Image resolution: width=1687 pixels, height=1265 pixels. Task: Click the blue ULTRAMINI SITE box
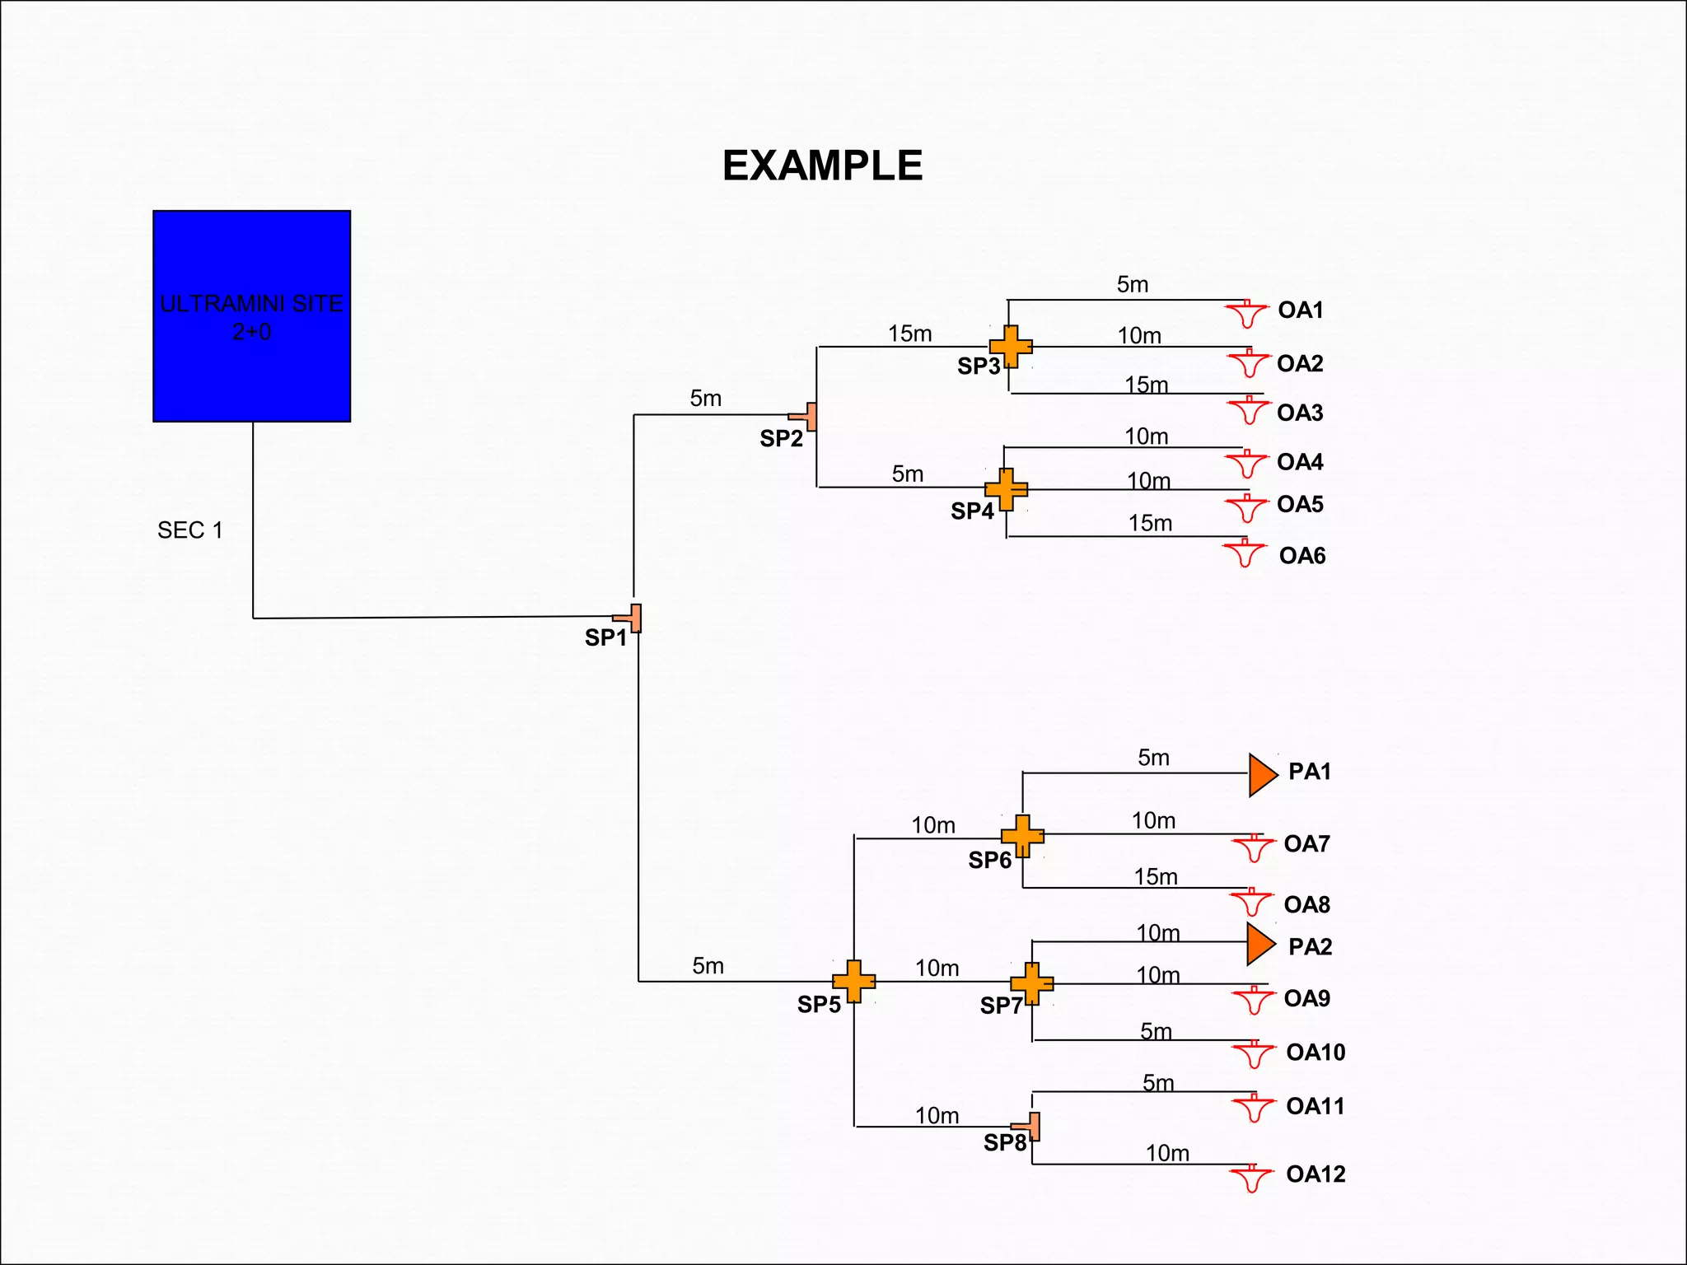pyautogui.click(x=251, y=316)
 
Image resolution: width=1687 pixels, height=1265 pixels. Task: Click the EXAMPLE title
pyautogui.click(x=822, y=166)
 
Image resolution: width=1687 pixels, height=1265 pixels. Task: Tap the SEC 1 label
pyautogui.click(x=189, y=530)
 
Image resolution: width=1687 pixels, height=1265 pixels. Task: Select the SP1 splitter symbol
pyautogui.click(x=629, y=618)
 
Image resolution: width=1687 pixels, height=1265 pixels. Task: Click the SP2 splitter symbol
pyautogui.click(x=805, y=417)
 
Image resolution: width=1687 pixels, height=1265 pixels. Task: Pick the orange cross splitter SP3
pyautogui.click(x=1011, y=347)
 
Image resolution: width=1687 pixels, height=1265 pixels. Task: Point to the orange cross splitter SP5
pyautogui.click(x=853, y=981)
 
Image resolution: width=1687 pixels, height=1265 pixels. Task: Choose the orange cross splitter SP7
pyautogui.click(x=1031, y=983)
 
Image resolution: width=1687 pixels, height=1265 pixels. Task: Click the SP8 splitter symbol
pyautogui.click(x=1028, y=1126)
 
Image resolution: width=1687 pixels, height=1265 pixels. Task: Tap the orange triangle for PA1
pyautogui.click(x=1261, y=775)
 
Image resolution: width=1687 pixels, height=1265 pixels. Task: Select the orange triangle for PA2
pyautogui.click(x=1259, y=944)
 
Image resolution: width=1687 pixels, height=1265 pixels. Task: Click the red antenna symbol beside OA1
pyautogui.click(x=1247, y=314)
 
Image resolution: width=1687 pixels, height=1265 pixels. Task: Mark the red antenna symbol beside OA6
pyautogui.click(x=1244, y=553)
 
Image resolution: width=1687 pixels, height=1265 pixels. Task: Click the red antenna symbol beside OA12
pyautogui.click(x=1251, y=1179)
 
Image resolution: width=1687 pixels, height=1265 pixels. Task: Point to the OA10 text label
pyautogui.click(x=1315, y=1053)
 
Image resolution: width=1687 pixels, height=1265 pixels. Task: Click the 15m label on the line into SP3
pyautogui.click(x=909, y=334)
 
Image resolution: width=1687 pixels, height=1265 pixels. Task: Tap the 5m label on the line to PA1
pyautogui.click(x=1153, y=758)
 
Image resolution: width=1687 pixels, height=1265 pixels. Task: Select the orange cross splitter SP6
pyautogui.click(x=1022, y=836)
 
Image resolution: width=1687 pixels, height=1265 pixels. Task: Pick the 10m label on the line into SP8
pyautogui.click(x=937, y=1115)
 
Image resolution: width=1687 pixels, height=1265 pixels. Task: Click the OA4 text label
pyautogui.click(x=1300, y=462)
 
